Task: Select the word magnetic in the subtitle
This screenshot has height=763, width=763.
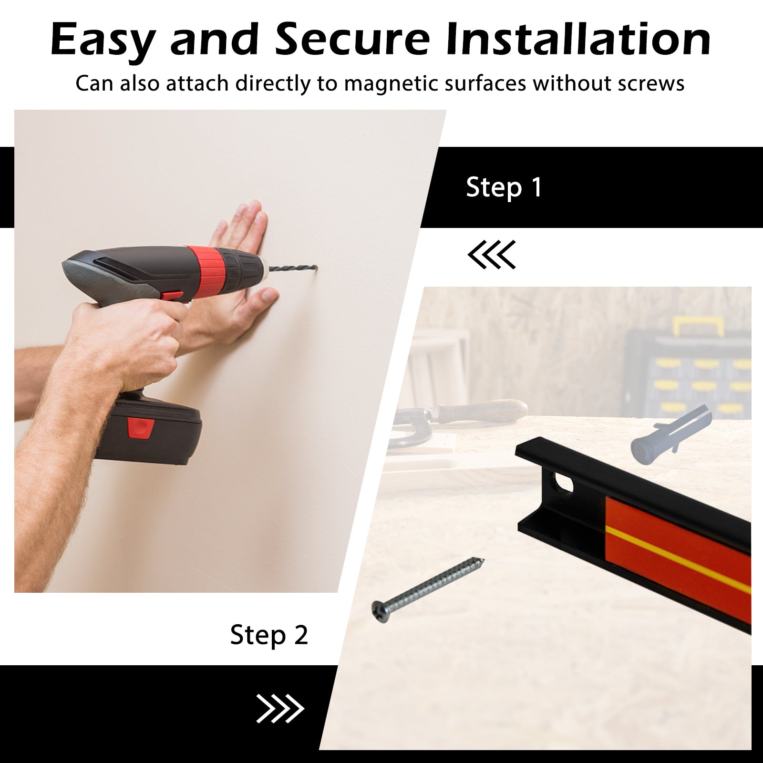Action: pyautogui.click(x=384, y=84)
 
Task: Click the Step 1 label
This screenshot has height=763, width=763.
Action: pyautogui.click(x=504, y=187)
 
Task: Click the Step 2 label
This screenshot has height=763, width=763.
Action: pyautogui.click(x=269, y=635)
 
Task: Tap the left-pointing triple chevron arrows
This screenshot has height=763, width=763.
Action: pyautogui.click(x=491, y=255)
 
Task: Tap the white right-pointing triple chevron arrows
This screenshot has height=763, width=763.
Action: pyautogui.click(x=280, y=709)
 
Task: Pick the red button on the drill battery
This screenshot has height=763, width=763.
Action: pyautogui.click(x=141, y=427)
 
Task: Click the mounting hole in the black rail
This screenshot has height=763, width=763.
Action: pyautogui.click(x=563, y=485)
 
